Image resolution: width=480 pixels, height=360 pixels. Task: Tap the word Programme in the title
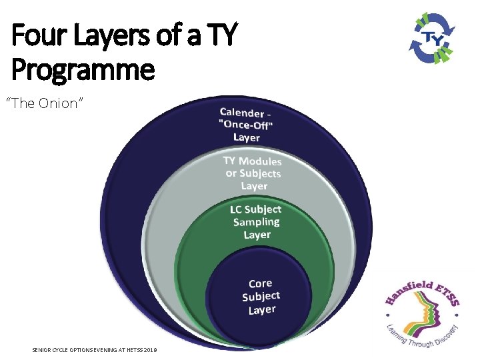tap(83, 69)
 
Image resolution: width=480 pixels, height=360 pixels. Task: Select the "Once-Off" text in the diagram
tap(247, 125)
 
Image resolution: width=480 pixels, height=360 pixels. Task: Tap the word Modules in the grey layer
tap(260, 161)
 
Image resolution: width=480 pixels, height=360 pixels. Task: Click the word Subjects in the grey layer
tap(260, 173)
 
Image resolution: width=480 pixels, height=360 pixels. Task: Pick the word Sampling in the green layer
tap(257, 222)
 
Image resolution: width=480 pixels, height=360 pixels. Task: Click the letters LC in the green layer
tap(237, 209)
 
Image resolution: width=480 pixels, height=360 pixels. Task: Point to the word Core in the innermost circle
tap(260, 284)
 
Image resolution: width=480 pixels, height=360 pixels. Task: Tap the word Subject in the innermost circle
tap(261, 297)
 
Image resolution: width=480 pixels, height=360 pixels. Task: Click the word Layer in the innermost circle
tap(261, 310)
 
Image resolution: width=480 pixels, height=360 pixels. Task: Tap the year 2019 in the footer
tap(150, 350)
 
